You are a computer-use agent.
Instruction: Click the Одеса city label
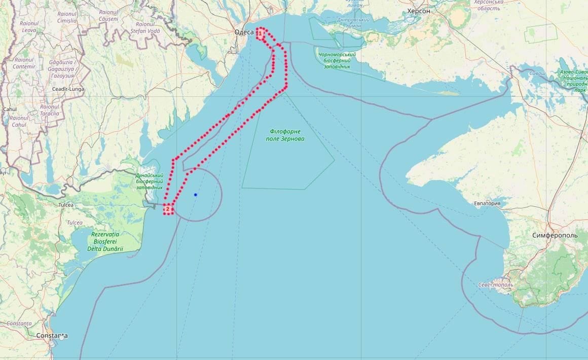244,32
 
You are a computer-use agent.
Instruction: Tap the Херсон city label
418,11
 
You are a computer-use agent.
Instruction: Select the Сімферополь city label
556,236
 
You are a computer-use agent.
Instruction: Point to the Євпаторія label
487,204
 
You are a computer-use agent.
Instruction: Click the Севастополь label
495,284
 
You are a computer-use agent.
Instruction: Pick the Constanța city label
52,336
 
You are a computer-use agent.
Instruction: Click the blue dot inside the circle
195,195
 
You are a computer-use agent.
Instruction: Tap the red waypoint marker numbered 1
260,33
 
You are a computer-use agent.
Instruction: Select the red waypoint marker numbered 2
168,209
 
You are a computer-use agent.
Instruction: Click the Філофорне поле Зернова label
285,135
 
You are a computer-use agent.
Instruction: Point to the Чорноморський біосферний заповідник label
337,60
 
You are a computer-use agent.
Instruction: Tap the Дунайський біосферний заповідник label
149,181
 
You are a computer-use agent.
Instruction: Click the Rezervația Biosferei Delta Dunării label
105,241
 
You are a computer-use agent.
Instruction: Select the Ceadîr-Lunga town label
68,89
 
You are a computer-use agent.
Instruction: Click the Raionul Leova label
29,27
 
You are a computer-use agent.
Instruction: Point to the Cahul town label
10,109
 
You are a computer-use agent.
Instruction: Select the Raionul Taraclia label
50,110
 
